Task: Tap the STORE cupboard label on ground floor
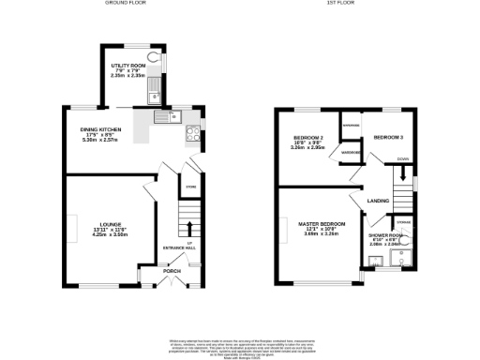(x=188, y=187)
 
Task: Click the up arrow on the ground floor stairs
(x=188, y=228)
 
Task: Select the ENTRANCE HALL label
(x=178, y=247)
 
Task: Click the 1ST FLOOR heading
(x=338, y=4)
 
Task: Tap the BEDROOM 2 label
(x=307, y=138)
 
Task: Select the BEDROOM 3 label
(x=388, y=138)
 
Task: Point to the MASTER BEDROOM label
(x=322, y=224)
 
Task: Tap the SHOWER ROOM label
(x=385, y=235)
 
